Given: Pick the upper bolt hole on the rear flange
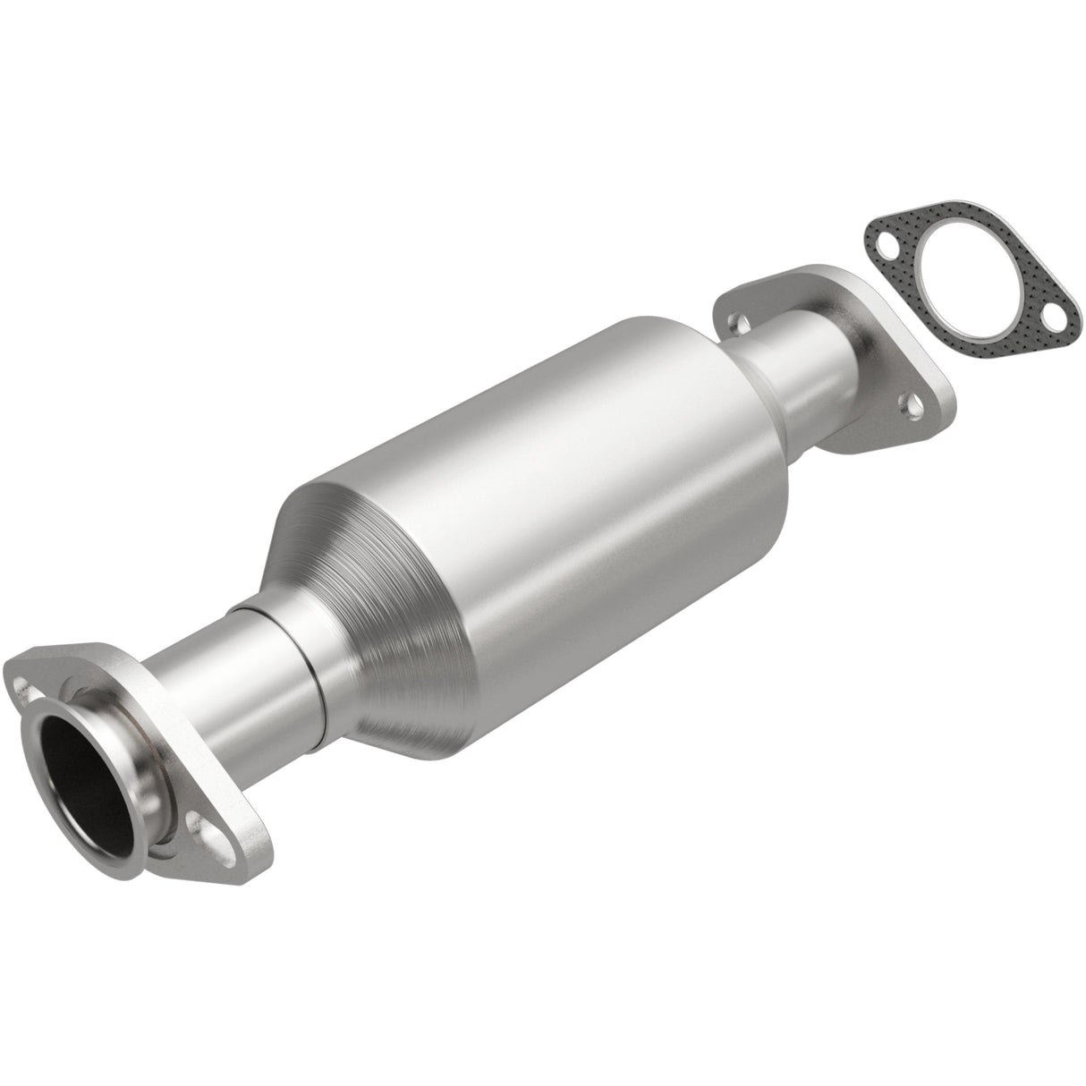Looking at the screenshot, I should point(737,319).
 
